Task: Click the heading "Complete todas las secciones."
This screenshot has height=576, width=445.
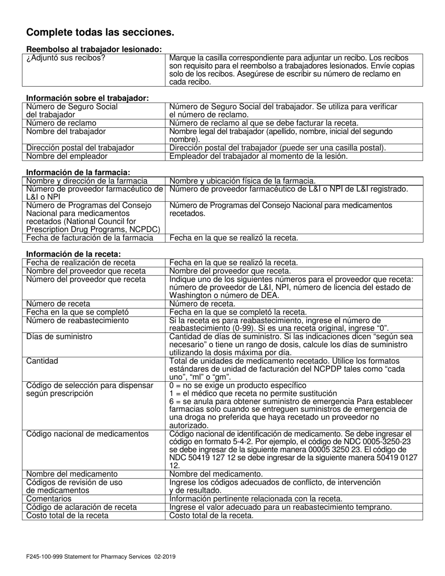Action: pyautogui.click(x=100, y=32)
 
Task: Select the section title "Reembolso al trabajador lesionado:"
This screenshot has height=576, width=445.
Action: pyautogui.click(x=94, y=49)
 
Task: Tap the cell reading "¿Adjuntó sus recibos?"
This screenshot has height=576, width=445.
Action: pyautogui.click(x=66, y=58)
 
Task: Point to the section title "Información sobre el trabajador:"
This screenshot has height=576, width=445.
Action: pyautogui.click(x=88, y=98)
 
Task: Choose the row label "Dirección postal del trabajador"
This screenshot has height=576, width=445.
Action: pyautogui.click(x=80, y=148)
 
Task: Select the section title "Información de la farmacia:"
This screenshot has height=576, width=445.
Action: pyautogui.click(x=78, y=172)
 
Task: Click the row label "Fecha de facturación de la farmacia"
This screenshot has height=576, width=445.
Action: pyautogui.click(x=90, y=237)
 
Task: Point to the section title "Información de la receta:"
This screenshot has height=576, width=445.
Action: pyautogui.click(x=74, y=254)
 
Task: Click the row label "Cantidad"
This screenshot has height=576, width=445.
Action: pyautogui.click(x=43, y=361)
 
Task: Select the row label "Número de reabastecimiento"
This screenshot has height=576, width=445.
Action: pyautogui.click(x=71, y=320)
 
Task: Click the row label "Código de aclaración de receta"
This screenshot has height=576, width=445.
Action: pyautogui.click(x=82, y=507)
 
